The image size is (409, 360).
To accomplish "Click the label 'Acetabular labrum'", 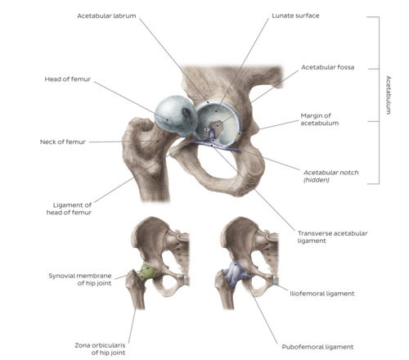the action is click(106, 16).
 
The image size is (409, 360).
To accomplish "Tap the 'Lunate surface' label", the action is click(295, 16).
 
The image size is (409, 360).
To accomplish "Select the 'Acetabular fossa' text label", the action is click(327, 67).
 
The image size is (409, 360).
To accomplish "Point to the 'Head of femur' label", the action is click(68, 79).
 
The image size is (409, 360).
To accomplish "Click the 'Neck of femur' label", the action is click(63, 142).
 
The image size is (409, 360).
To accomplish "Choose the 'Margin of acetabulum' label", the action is click(320, 119).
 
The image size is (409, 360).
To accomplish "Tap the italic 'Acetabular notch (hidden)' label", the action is click(331, 176).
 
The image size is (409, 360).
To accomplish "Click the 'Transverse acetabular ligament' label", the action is click(332, 237).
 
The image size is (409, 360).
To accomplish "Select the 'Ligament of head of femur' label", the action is click(69, 209).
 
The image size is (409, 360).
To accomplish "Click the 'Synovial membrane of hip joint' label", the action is click(80, 279).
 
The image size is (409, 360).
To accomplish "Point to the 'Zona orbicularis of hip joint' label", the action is click(100, 349).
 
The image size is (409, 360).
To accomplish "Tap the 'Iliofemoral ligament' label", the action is click(322, 294).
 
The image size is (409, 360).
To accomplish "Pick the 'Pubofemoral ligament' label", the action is click(317, 347).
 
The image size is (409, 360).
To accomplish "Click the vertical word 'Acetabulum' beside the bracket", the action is click(389, 95).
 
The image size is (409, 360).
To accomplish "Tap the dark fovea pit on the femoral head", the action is click(187, 112).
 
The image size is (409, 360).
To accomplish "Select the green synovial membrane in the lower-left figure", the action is click(148, 272).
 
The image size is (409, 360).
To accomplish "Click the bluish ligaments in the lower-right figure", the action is click(236, 274).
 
